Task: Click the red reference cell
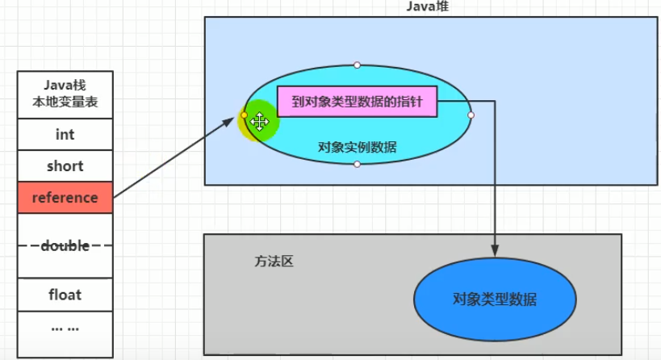[x=65, y=198]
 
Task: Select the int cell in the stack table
[x=65, y=135]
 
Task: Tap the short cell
[x=65, y=166]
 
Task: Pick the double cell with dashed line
[x=65, y=245]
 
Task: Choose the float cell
[x=65, y=295]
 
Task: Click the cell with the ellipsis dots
[x=65, y=329]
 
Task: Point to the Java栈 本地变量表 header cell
[x=65, y=94]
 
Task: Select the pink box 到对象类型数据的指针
[x=357, y=103]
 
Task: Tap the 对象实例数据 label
[x=357, y=147]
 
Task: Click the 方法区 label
[x=270, y=262]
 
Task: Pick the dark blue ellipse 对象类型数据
[x=494, y=299]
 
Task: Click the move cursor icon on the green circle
[x=259, y=122]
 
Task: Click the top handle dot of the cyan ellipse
[x=357, y=65]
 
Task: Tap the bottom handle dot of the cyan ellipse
[x=357, y=165]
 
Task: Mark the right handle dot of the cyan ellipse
[x=471, y=115]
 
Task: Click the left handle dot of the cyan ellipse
[x=244, y=115]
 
